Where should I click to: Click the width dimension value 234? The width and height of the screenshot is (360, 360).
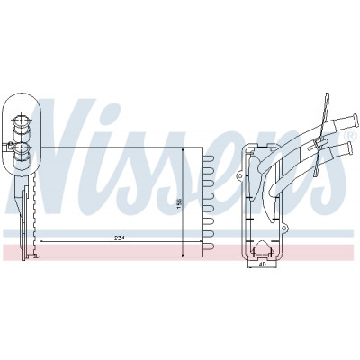click(120, 238)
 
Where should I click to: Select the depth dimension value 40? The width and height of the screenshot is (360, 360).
click(263, 265)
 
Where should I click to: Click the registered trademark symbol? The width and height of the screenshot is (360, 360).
click(349, 136)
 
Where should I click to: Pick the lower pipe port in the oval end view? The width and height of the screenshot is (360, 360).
click(22, 148)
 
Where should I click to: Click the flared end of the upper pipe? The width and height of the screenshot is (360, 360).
click(355, 121)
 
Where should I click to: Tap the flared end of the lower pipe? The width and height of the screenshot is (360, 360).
click(349, 148)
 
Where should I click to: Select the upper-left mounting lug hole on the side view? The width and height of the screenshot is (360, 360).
click(239, 176)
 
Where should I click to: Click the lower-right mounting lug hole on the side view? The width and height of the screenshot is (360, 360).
click(283, 229)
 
